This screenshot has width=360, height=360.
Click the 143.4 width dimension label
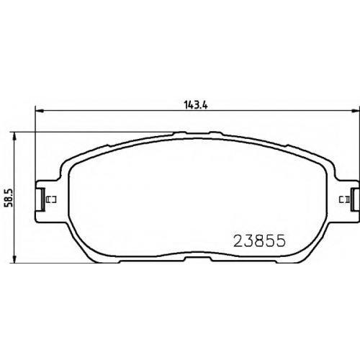196,105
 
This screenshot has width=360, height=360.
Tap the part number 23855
260,240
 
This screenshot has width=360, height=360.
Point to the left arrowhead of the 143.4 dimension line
39,111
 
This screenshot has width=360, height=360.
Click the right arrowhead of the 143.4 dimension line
355,111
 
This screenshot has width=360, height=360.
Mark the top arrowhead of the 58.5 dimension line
15,136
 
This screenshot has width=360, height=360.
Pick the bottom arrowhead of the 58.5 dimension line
15,259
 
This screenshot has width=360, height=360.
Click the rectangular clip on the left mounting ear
42,199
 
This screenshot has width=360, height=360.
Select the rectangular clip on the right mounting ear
354,199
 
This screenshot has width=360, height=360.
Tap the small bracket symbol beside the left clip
50,199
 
